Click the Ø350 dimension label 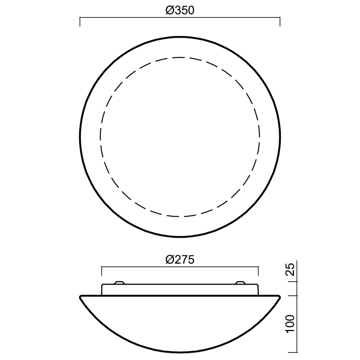[x=180, y=11]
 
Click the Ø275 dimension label [x=180, y=260]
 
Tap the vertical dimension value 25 [x=291, y=269]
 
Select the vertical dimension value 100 [x=291, y=324]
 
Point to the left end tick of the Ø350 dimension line [x=80, y=22]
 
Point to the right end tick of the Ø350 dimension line [x=280, y=22]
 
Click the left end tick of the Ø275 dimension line [x=102, y=271]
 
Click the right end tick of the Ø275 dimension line [x=258, y=271]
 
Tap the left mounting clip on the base [x=119, y=282]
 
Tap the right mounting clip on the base [x=241, y=282]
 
